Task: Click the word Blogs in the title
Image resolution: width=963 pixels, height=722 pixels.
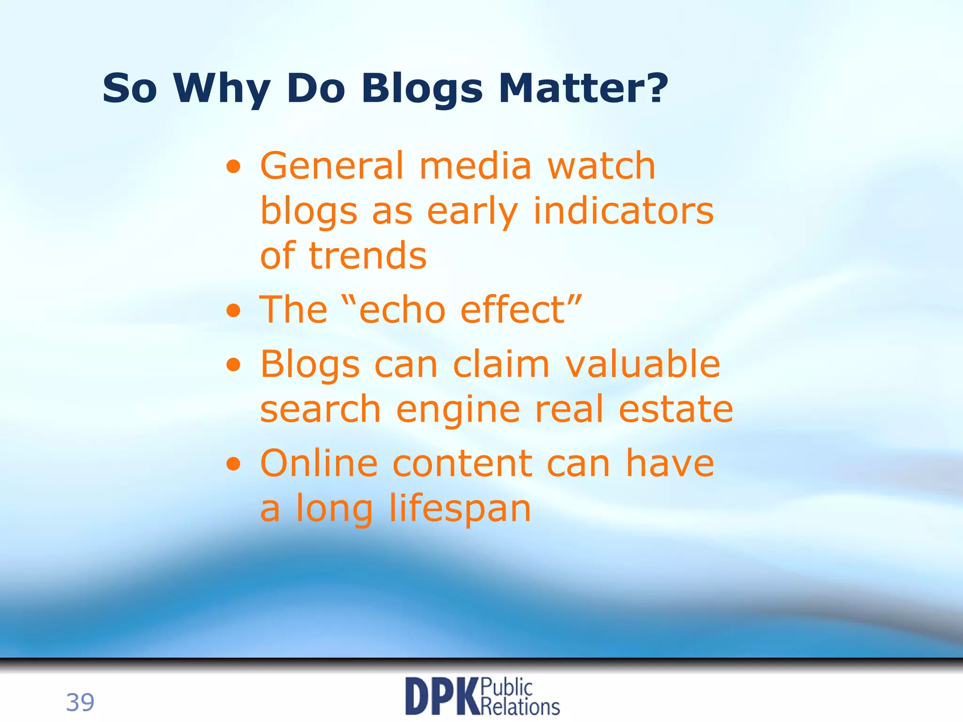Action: (422, 89)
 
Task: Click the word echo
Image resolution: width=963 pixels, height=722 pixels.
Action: (402, 310)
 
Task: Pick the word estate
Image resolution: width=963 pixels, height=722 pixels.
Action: (676, 409)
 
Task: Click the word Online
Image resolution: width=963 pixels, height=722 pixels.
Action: (319, 463)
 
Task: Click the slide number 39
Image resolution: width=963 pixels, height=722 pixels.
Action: (80, 702)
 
